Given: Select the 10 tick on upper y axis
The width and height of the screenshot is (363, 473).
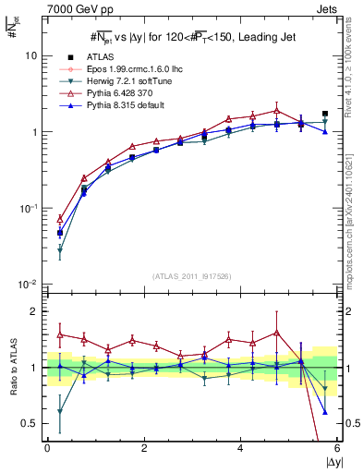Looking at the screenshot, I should (x=30, y=55).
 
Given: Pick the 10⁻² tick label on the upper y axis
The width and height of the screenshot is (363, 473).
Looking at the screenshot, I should (x=28, y=284).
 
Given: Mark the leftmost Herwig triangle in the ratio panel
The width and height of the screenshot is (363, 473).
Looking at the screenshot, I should (x=60, y=411).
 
